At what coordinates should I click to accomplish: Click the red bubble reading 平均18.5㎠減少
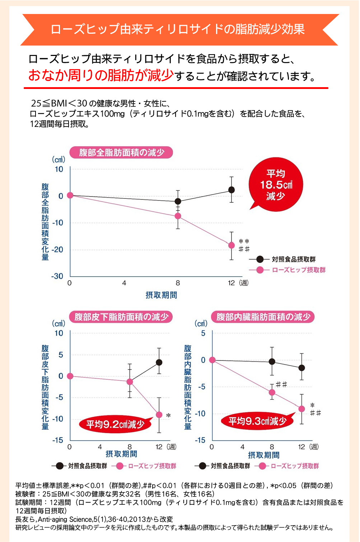coord(276,185)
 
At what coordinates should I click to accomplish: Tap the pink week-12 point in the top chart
coord(232,245)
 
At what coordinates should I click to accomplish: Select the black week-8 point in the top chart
coord(178,202)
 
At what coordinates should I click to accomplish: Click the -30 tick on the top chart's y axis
coord(57,276)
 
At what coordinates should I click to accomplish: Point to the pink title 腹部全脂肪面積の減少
coord(121,152)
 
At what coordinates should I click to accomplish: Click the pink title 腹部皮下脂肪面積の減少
coord(121,317)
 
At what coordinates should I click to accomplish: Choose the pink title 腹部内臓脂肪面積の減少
coord(263,317)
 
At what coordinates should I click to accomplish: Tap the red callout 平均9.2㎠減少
coord(115,424)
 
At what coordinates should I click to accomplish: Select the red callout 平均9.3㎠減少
coord(258,421)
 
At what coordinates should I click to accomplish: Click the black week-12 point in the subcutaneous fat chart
coord(159,362)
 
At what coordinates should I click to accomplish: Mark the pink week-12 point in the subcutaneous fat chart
coord(159,415)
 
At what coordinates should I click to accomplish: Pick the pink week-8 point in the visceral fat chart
coord(272,392)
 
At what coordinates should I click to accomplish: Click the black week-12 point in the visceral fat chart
coord(301,368)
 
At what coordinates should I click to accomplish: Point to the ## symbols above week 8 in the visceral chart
coord(281,385)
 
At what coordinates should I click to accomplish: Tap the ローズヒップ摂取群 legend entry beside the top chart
coord(298,270)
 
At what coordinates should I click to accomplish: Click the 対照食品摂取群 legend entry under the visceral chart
coord(230,466)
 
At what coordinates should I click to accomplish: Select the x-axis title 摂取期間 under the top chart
coord(161,295)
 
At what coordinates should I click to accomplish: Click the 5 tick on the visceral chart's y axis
coord(203,333)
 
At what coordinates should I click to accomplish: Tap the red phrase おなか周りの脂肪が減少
coord(101,76)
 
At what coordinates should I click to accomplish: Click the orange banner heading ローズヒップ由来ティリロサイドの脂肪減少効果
coord(178,29)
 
